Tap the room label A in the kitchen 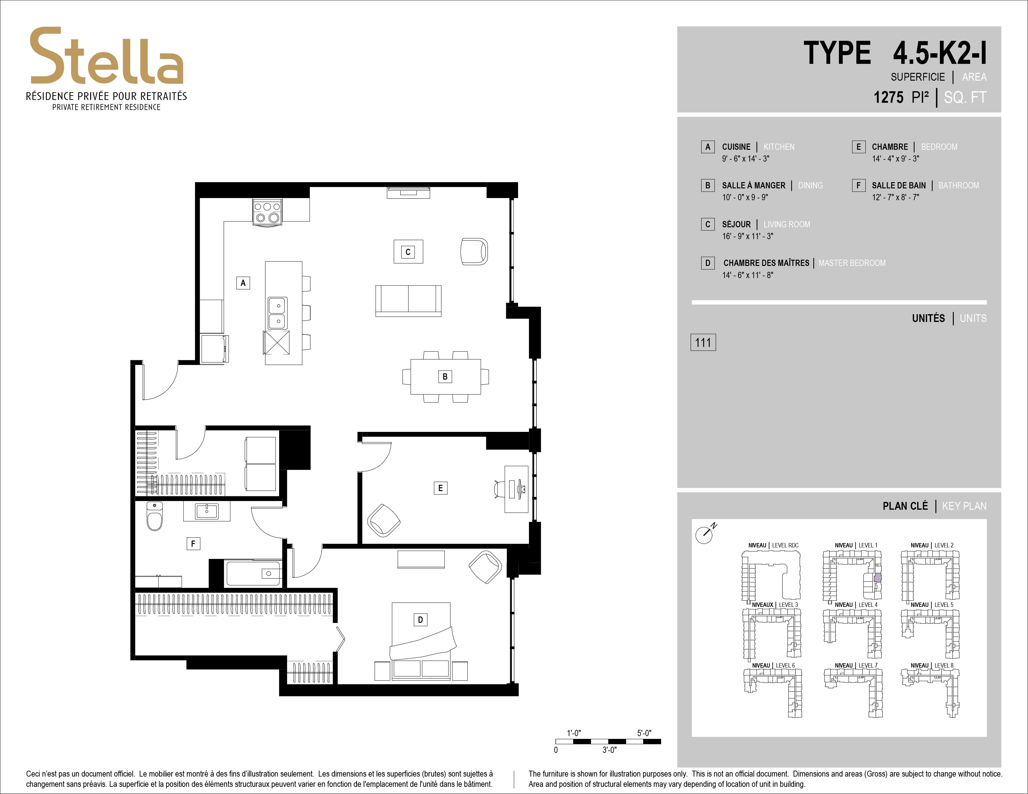(243, 283)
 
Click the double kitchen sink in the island (278, 313)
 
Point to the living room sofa (408, 300)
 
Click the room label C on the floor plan (408, 252)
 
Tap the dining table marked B (445, 376)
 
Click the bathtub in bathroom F (254, 573)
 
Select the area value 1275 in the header (888, 97)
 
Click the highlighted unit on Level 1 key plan (877, 579)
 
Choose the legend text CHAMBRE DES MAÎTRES (766, 263)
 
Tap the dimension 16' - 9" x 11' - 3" (747, 236)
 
